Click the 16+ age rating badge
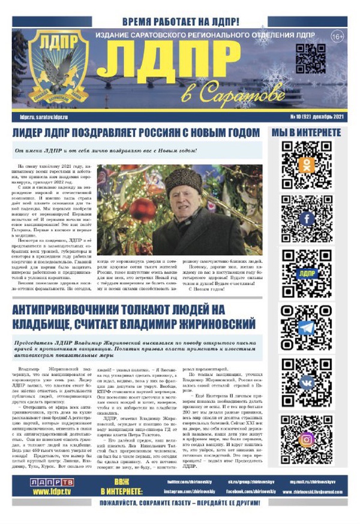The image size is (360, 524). pos(337,37)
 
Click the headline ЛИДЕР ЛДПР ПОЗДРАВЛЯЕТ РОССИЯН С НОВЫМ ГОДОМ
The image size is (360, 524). pos(136,132)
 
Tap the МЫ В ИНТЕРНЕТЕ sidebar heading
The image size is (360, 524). pos(306,132)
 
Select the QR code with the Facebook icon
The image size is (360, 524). pos(307,218)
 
